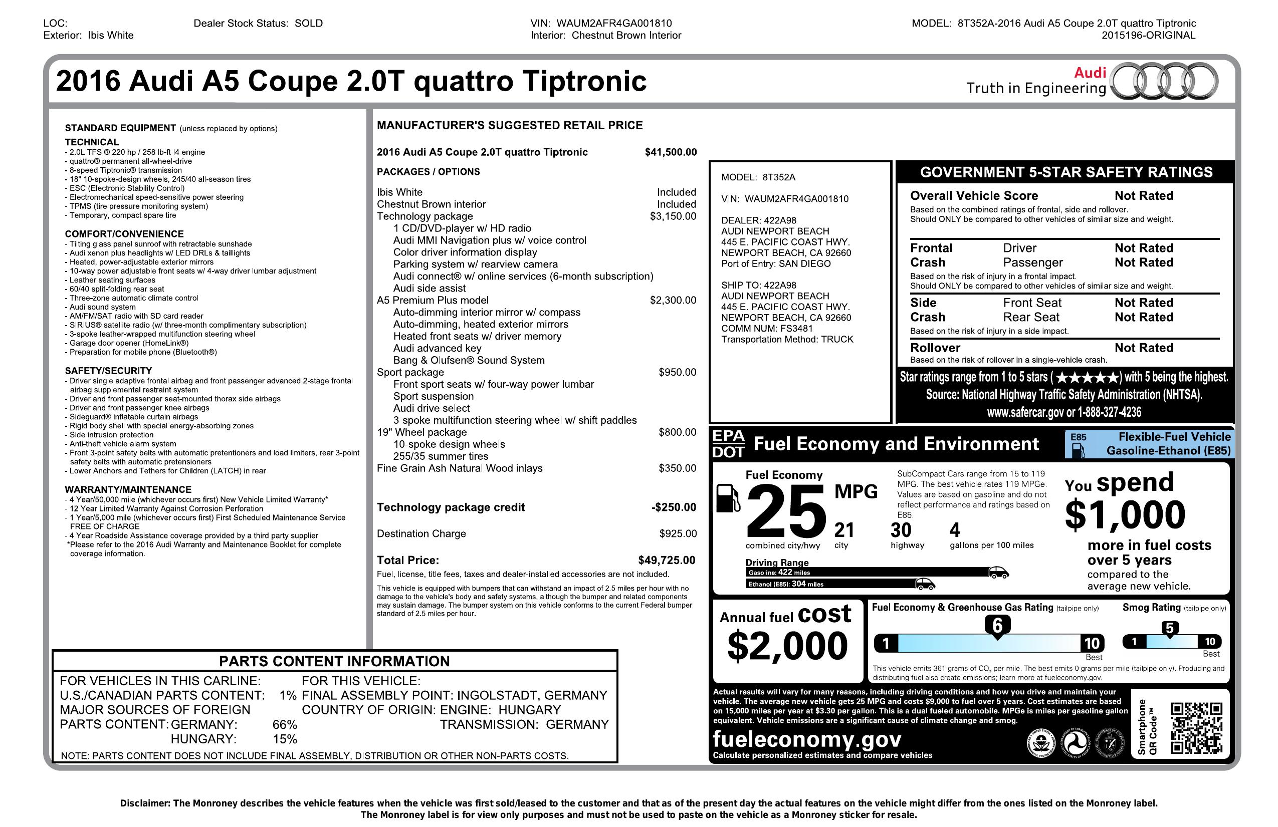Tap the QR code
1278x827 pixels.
[1196, 728]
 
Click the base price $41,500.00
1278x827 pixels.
[671, 152]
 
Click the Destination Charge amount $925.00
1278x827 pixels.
[678, 534]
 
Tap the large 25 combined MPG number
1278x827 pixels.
[785, 511]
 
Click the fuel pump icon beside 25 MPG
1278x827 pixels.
[728, 497]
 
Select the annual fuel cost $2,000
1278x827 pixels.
[787, 646]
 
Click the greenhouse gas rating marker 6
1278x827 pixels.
[997, 626]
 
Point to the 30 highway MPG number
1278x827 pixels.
[901, 530]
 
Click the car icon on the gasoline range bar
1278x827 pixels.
[998, 572]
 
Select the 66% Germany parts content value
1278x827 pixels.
[285, 724]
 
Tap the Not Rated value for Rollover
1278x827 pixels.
[1144, 348]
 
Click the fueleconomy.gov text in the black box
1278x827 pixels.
[806, 739]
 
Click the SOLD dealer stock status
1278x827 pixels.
[309, 23]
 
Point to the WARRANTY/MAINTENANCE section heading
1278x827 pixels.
[128, 489]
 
